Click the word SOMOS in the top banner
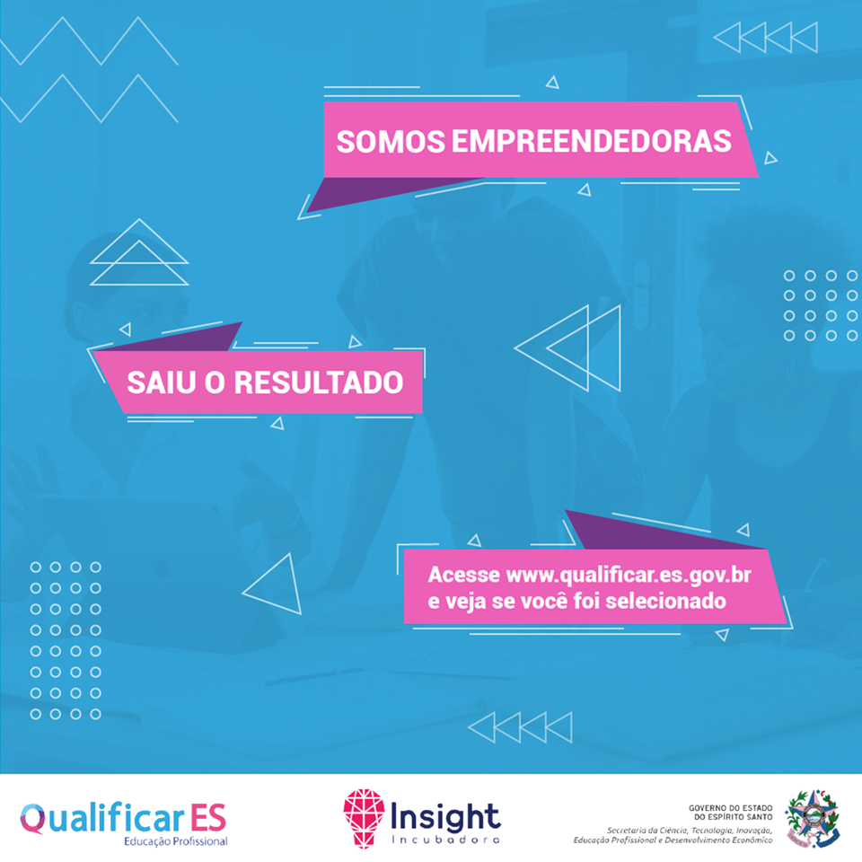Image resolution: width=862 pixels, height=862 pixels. click(x=391, y=141)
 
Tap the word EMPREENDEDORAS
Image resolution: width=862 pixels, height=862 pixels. click(x=592, y=141)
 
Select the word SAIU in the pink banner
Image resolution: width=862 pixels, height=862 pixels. click(x=161, y=383)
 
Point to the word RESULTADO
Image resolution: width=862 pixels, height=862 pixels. click(x=319, y=383)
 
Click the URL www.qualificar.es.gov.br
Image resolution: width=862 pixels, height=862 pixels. click(x=629, y=576)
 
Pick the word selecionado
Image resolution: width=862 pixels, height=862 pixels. click(x=665, y=601)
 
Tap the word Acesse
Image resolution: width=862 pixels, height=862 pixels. click(x=464, y=575)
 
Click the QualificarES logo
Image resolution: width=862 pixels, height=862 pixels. click(x=123, y=823)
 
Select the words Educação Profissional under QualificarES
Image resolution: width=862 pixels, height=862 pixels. click(x=175, y=841)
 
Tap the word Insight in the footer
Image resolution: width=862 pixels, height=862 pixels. click(x=445, y=817)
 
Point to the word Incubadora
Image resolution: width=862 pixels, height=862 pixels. click(x=445, y=840)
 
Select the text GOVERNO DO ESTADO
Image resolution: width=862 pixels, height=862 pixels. click(x=730, y=808)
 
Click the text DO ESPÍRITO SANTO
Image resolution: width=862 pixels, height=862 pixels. click(x=733, y=817)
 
